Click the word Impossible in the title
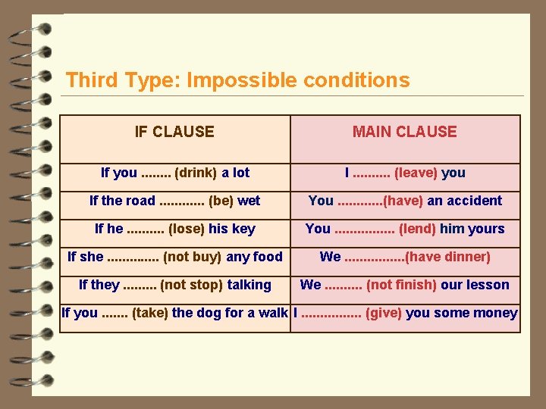239,80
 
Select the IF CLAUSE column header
174,132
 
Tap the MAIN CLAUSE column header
404,132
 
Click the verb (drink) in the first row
192,173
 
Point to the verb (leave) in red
416,173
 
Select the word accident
474,201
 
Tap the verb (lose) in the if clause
187,229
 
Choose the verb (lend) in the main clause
417,229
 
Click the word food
268,257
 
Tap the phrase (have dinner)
448,257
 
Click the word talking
248,285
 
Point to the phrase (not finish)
401,285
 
